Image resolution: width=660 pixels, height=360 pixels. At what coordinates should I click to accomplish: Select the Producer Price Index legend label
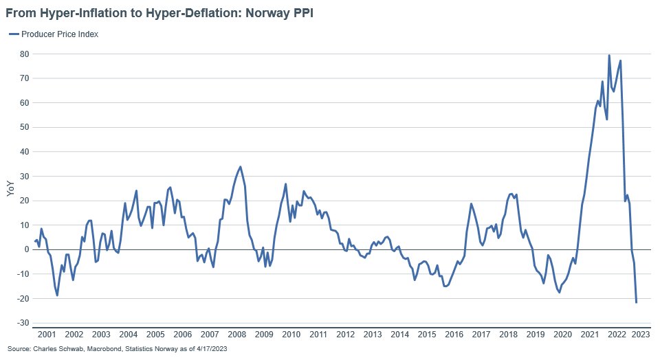click(60, 34)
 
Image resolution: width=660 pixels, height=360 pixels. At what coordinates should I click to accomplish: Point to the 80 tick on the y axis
click(23, 54)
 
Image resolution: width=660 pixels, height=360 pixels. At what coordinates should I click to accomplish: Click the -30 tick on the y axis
click(21, 323)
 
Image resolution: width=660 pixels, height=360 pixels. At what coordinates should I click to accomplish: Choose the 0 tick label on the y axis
click(25, 249)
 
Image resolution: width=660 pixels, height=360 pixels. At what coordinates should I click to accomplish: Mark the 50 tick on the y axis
click(23, 127)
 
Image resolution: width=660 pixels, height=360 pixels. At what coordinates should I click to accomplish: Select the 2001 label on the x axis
click(46, 335)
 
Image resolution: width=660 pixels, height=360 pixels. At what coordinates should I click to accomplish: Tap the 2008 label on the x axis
click(236, 335)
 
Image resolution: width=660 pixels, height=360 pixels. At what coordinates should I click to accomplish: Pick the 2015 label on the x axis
click(426, 335)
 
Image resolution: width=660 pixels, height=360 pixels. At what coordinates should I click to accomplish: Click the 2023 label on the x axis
click(641, 335)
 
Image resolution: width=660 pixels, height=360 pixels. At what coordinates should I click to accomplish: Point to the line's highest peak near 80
click(609, 56)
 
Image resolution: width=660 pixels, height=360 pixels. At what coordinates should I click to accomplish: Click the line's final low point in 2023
click(636, 302)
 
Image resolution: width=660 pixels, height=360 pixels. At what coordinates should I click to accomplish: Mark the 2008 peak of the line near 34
click(240, 166)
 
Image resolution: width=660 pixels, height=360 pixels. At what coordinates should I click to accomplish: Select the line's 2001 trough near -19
click(57, 295)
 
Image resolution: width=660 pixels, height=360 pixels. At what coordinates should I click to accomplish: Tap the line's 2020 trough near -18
click(559, 292)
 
